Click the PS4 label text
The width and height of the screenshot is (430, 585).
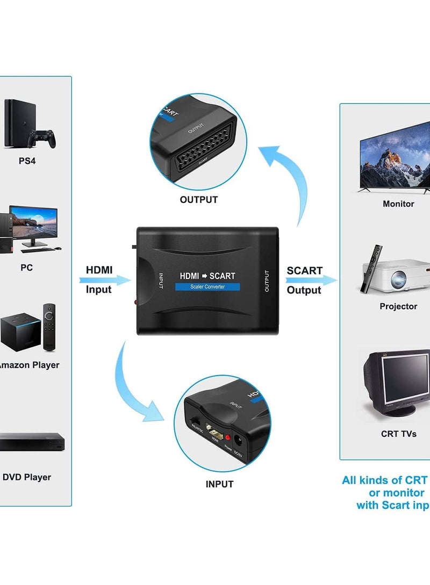pos(27,160)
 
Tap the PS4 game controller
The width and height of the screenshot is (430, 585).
pos(42,138)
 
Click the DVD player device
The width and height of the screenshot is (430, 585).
pos(31,442)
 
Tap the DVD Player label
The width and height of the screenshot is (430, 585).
pos(27,477)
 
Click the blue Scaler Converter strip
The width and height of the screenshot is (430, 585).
pos(207,287)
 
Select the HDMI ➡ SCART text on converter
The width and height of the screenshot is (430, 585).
pos(207,276)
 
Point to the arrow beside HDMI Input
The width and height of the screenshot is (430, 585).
pos(105,280)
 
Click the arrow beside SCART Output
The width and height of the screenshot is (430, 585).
pos(311,280)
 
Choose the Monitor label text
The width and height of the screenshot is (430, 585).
pos(398,204)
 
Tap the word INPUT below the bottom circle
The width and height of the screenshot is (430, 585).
pos(219,484)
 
